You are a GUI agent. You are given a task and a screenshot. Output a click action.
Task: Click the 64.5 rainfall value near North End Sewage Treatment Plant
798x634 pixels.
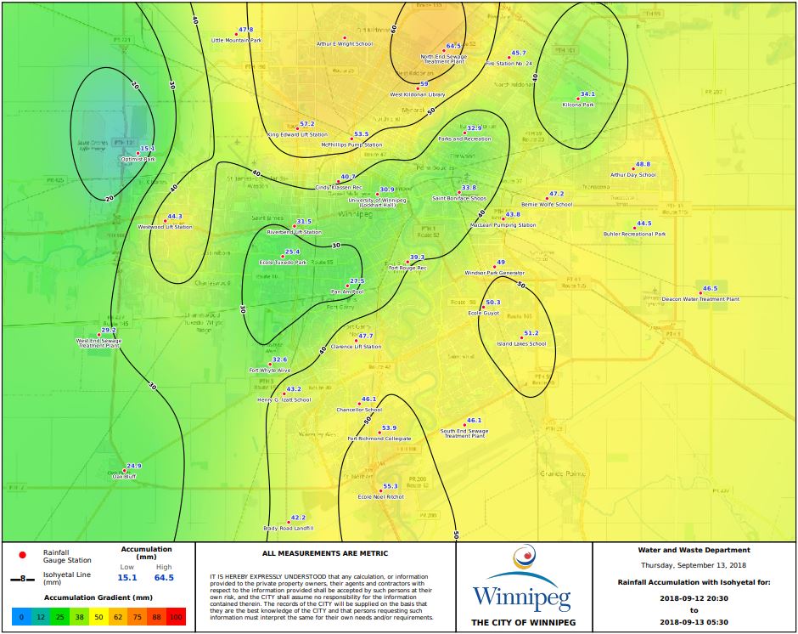(453, 46)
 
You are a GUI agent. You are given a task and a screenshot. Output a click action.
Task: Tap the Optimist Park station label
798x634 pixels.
(137, 159)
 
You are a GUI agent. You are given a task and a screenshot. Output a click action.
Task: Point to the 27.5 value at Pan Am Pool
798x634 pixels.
(357, 281)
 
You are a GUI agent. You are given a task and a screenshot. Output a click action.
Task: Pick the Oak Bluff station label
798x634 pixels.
(124, 477)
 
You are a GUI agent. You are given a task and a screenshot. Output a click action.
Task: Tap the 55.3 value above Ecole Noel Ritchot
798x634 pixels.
(391, 486)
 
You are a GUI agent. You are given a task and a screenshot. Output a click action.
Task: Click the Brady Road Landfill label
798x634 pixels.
(288, 528)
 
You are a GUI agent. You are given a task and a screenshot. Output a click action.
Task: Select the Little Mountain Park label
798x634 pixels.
(236, 40)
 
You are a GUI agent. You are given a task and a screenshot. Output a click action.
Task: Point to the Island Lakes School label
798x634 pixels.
(521, 344)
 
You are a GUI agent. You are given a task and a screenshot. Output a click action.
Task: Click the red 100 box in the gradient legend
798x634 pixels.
(175, 616)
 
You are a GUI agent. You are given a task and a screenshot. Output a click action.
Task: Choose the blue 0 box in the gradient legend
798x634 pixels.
(21, 616)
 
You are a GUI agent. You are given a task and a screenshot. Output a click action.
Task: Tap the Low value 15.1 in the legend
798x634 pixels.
(127, 578)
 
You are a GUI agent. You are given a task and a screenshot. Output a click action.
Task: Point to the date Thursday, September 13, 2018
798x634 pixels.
(694, 565)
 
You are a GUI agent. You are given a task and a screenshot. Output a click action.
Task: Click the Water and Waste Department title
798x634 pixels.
(694, 550)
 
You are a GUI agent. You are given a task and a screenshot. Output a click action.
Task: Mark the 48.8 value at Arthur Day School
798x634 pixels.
(643, 164)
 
